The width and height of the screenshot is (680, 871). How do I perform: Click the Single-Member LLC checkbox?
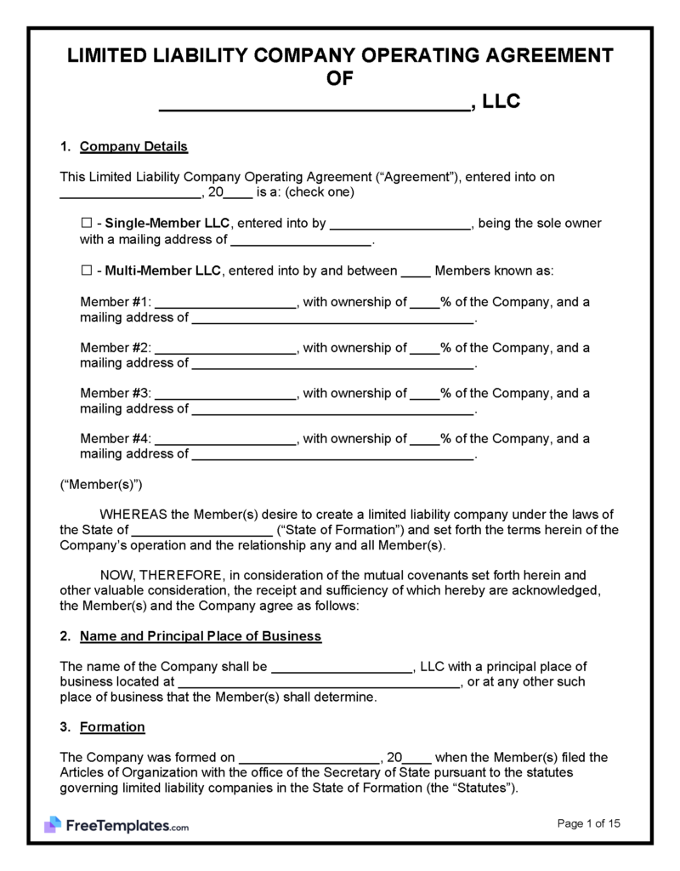click(86, 224)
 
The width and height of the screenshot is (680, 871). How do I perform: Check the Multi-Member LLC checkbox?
click(86, 271)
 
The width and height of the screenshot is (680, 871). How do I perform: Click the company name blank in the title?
click(314, 105)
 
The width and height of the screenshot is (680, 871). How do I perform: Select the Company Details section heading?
click(133, 147)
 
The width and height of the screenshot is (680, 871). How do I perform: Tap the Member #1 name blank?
click(225, 304)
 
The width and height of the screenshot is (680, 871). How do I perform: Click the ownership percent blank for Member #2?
click(425, 349)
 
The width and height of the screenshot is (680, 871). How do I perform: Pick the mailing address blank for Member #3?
click(332, 409)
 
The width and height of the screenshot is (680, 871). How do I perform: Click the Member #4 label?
click(116, 439)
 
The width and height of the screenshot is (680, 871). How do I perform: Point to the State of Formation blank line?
click(210, 531)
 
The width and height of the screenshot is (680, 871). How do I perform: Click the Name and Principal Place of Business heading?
click(201, 636)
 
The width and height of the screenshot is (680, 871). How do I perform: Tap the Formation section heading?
click(112, 727)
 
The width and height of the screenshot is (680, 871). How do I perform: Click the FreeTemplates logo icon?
click(53, 824)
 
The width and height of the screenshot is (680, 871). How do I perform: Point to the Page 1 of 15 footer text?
click(589, 823)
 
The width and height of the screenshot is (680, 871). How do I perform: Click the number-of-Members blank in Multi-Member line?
click(415, 272)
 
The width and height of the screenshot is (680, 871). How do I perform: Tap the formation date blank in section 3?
click(309, 759)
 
